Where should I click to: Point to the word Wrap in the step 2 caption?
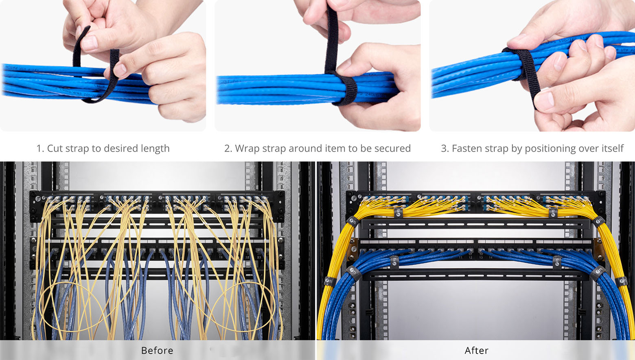pyautogui.click(x=247, y=148)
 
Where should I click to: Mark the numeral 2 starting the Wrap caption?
pyautogui.click(x=227, y=148)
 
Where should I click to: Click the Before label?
pyautogui.click(x=157, y=350)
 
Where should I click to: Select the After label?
pyautogui.click(x=476, y=350)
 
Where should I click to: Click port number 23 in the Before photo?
pyautogui.click(x=259, y=257)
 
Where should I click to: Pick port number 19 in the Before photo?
pyautogui.click(x=221, y=257)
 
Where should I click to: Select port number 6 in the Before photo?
pyautogui.click(x=95, y=257)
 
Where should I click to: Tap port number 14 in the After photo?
pyautogui.click(x=490, y=257)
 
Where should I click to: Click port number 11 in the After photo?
pyautogui.click(x=460, y=257)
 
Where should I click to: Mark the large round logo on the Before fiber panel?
pyautogui.click(x=38, y=199)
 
